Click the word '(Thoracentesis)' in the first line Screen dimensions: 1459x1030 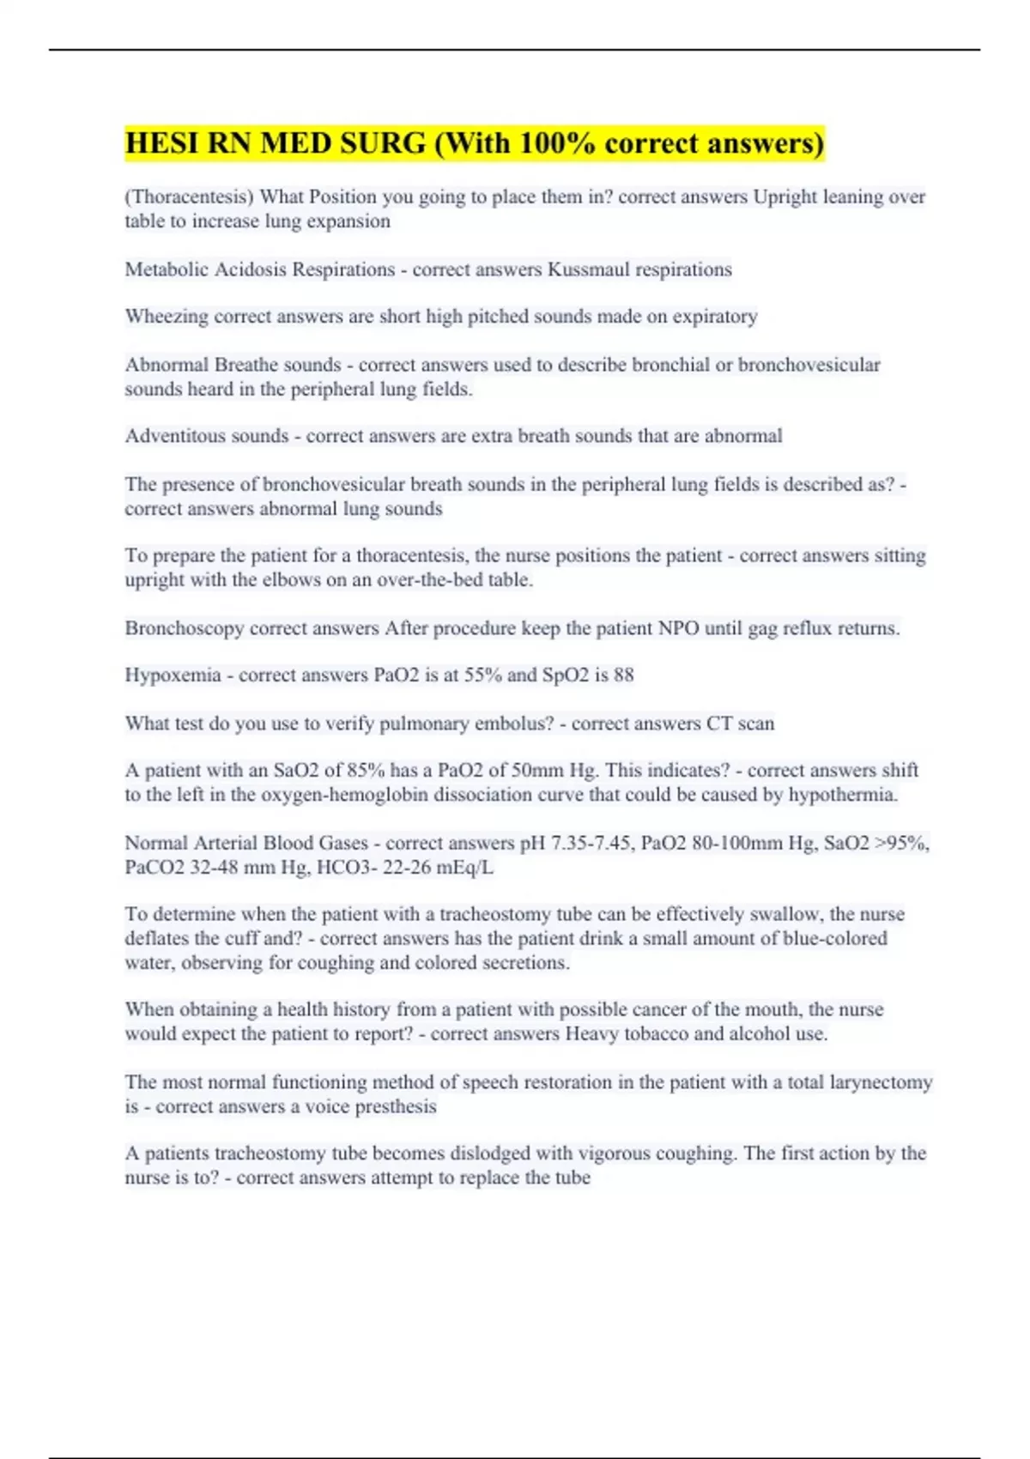(189, 197)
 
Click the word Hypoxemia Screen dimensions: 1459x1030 (173, 675)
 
